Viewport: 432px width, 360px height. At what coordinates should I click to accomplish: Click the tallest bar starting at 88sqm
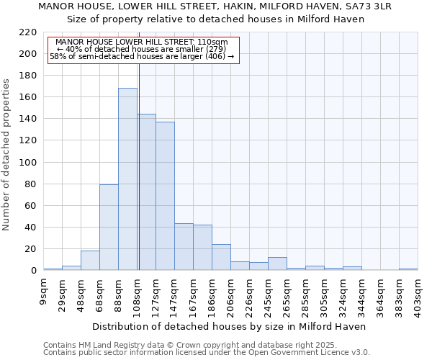point(127,179)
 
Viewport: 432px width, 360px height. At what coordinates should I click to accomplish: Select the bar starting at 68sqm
point(109,228)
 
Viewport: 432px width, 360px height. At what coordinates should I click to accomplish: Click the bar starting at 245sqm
point(277,264)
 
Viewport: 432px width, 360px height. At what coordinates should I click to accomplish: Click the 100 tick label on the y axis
point(28,163)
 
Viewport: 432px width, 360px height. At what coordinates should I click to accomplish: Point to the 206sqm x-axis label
point(231,295)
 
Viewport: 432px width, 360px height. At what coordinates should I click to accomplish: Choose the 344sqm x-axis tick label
point(362,295)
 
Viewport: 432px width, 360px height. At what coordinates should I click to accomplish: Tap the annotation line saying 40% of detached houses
point(141,49)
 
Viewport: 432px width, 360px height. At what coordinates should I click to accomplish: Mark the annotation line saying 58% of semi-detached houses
point(142,56)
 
